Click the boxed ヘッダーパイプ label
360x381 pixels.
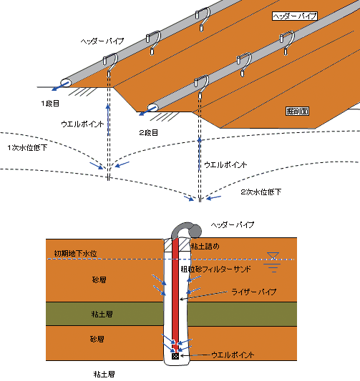tap(295, 16)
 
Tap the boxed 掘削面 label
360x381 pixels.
tap(297, 111)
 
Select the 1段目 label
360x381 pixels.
tap(50, 104)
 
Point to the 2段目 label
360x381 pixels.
tap(149, 133)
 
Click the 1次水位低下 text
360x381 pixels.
tap(27, 148)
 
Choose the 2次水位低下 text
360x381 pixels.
tap(261, 192)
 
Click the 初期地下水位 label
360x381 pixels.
tap(75, 254)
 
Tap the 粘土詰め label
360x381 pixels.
tap(205, 247)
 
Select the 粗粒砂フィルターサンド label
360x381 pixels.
tap(215, 269)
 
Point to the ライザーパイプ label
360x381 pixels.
tap(253, 292)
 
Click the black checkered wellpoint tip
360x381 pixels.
tap(175, 356)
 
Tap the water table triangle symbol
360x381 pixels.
tap(273, 256)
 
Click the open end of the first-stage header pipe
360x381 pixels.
tap(66, 83)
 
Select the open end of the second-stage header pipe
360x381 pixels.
tap(152, 108)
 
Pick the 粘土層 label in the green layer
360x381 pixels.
tap(102, 315)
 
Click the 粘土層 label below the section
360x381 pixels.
tap(104, 374)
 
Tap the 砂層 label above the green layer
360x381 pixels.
tap(99, 280)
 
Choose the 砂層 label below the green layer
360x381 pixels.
tap(97, 339)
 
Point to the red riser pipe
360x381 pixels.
tap(175, 292)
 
